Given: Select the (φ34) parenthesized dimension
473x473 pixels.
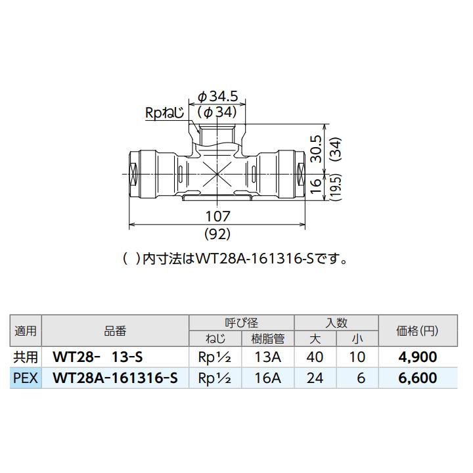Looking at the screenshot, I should tap(217, 112).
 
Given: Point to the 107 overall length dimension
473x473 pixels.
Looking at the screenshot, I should tap(217, 215).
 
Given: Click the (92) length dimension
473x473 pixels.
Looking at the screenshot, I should tap(217, 233).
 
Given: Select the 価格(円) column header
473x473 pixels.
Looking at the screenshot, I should tap(417, 331).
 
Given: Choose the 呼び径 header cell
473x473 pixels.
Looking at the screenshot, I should tap(241, 323).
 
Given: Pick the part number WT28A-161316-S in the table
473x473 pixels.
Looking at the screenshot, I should tap(114, 378).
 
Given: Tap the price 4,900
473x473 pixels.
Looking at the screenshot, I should tap(417, 357).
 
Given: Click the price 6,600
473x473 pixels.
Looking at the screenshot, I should tap(417, 378).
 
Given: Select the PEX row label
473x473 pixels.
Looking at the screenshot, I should tap(26, 378).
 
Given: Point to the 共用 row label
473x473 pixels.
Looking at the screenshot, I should tap(26, 357).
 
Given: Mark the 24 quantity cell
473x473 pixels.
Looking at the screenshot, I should tap(315, 378).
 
